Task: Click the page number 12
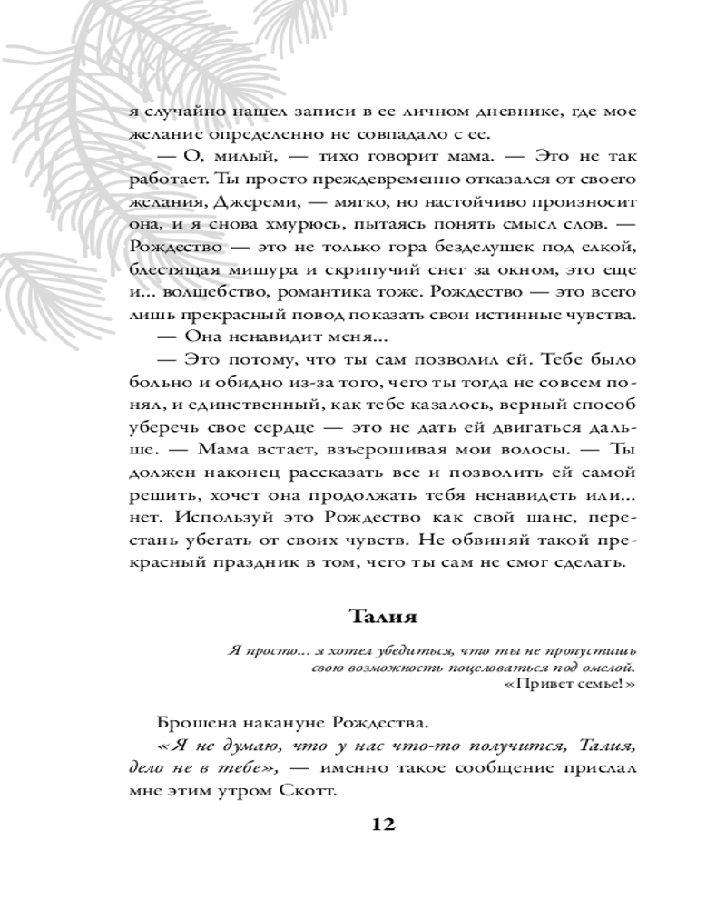pyautogui.click(x=382, y=824)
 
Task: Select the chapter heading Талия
pyautogui.click(x=382, y=617)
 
